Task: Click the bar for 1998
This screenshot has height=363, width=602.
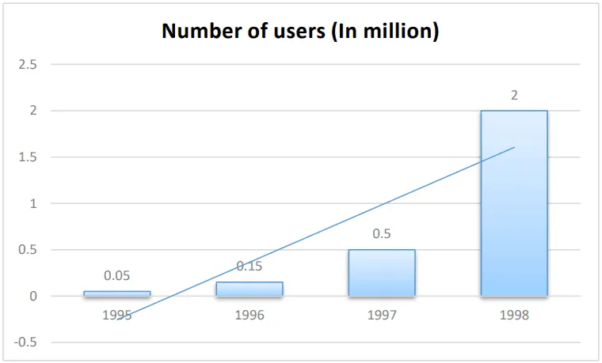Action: click(513, 203)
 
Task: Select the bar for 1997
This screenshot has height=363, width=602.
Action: click(381, 273)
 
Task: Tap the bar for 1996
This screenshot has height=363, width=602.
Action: click(249, 289)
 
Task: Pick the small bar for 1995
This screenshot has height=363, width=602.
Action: click(116, 293)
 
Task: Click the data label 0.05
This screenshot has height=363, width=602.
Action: click(116, 276)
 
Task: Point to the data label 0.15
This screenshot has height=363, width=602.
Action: click(249, 267)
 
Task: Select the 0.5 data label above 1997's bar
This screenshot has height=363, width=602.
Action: click(381, 234)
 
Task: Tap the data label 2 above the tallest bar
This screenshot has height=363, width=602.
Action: click(513, 95)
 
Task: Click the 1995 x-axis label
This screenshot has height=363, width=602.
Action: click(116, 315)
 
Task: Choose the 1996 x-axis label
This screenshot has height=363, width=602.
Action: click(249, 315)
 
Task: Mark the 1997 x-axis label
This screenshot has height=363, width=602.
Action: click(381, 315)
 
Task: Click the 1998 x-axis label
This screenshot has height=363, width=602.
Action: click(513, 315)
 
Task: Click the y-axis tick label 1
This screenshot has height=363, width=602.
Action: click(32, 203)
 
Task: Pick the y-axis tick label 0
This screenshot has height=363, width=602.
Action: click(32, 297)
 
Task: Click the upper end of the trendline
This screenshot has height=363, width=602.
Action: click(513, 148)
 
